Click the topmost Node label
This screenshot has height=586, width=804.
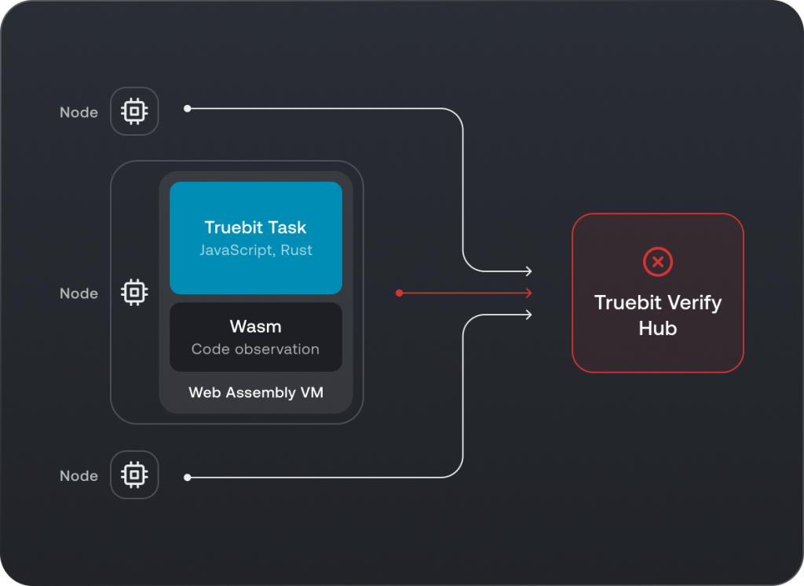pos(79,112)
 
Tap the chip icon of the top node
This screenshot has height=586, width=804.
pos(134,111)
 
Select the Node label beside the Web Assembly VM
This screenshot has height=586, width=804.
pos(79,293)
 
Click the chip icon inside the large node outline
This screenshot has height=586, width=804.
pos(134,293)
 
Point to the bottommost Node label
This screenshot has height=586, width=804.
pos(79,475)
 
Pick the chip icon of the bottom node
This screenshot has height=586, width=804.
pos(134,475)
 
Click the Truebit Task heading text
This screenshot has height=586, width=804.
pos(255,227)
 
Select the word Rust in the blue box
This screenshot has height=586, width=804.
pos(296,250)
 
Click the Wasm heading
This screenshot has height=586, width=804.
pos(255,326)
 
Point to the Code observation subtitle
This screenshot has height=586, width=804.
pos(255,349)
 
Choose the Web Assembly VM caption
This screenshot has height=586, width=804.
pos(255,392)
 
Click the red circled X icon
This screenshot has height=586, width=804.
pos(657,261)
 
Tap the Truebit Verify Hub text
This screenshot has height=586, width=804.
pos(657,315)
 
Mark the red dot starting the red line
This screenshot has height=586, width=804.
pos(400,293)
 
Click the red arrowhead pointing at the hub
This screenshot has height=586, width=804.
pos(528,293)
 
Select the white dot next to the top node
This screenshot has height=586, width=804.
pos(187,108)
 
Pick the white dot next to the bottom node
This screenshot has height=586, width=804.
pos(187,477)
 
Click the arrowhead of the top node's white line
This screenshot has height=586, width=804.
pos(528,271)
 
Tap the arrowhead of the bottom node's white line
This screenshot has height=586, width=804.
pos(528,315)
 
